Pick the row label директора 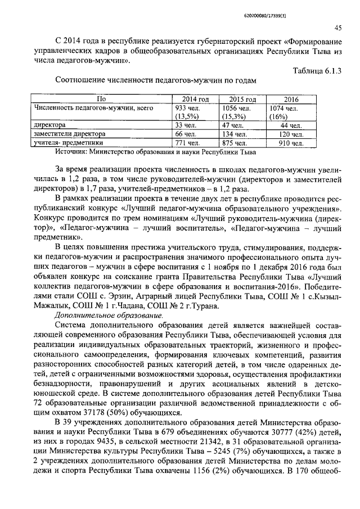click(49, 125)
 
